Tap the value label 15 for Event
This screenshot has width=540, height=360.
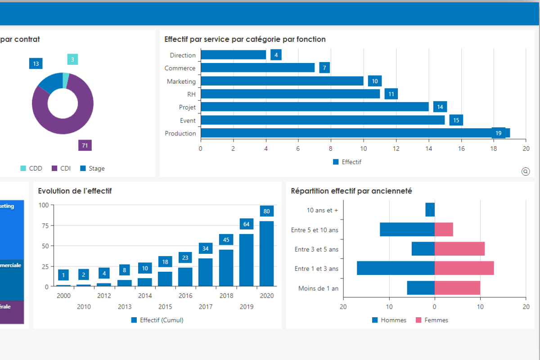[x=456, y=120]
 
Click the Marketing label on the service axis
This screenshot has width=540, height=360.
[x=181, y=81]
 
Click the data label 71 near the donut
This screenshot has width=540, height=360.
[x=85, y=145]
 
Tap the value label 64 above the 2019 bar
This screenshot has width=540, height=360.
[x=246, y=224]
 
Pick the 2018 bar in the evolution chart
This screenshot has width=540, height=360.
[x=226, y=268]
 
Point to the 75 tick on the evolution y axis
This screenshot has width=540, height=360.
[x=44, y=225]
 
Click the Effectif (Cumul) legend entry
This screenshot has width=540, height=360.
[x=157, y=320]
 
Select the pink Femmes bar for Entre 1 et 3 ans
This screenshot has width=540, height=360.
[x=464, y=268]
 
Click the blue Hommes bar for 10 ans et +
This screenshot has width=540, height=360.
[x=430, y=210]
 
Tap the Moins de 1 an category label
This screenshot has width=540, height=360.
[x=318, y=288]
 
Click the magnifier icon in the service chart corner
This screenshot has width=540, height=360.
[x=525, y=171]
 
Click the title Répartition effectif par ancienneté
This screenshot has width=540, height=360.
[x=351, y=191]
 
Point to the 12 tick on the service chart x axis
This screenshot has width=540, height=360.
[x=396, y=148]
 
